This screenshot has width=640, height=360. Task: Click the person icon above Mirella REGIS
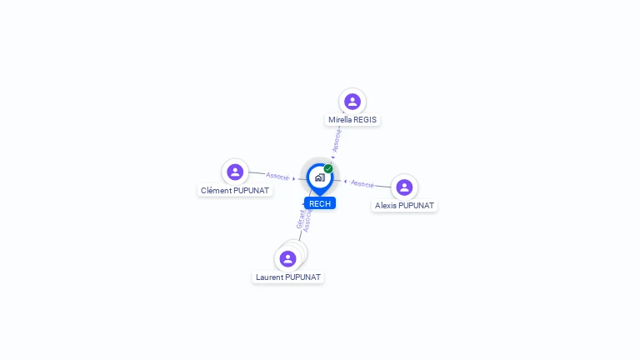[352, 102]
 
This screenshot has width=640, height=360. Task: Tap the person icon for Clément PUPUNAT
[235, 172]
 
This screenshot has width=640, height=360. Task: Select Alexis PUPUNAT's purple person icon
[404, 187]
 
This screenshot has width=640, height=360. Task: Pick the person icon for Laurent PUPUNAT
[287, 258]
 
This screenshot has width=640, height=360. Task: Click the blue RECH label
[320, 203]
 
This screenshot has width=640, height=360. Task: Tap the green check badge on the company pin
[328, 168]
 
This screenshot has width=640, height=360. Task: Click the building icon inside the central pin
[319, 177]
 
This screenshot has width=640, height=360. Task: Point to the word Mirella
[340, 120]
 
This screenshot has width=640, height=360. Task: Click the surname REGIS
[365, 120]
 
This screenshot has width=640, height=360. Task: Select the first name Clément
[215, 191]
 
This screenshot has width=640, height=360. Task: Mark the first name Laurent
[269, 277]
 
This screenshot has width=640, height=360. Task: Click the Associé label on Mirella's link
[337, 140]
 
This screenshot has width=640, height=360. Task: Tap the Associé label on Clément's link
[277, 176]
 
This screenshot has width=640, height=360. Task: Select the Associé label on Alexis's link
[362, 183]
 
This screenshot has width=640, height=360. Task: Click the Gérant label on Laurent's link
[301, 219]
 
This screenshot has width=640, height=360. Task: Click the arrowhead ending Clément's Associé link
[294, 178]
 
